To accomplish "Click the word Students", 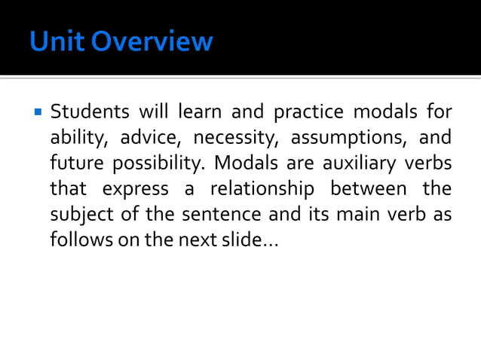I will pos(87,113).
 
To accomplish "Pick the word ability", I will pos(79,139).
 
